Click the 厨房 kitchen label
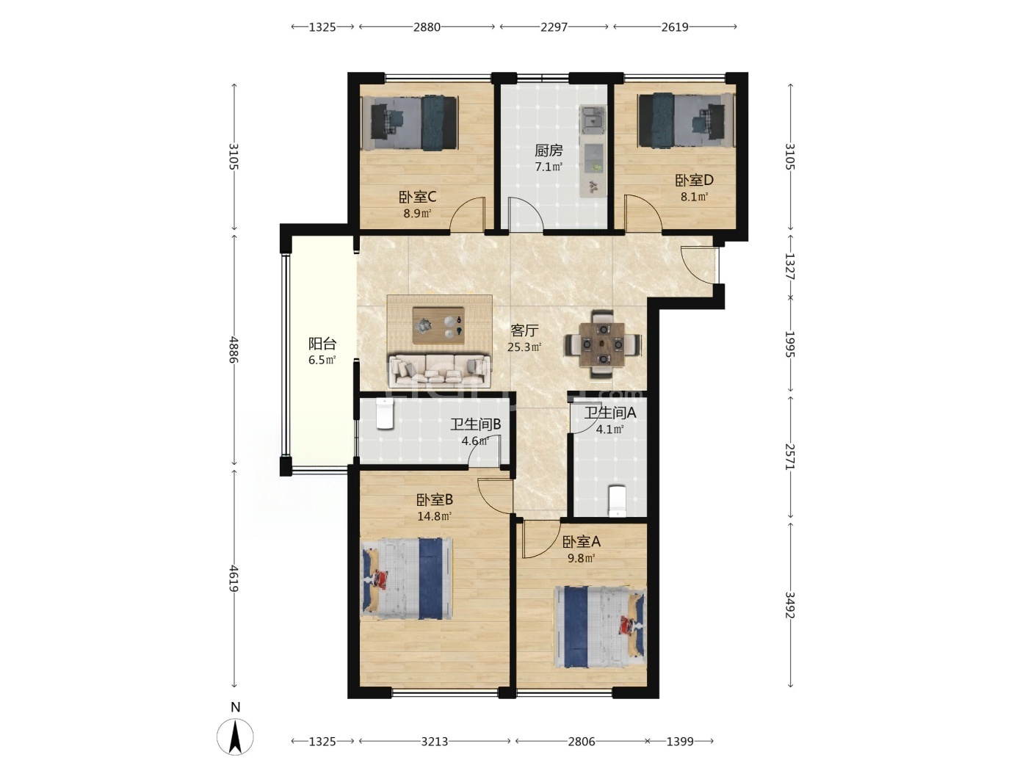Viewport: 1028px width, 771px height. (549, 151)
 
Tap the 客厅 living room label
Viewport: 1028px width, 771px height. (524, 330)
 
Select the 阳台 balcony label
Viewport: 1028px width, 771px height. (322, 344)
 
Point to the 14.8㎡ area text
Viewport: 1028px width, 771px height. (434, 516)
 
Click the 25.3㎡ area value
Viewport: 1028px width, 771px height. (524, 347)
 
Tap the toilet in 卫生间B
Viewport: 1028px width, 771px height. (385, 414)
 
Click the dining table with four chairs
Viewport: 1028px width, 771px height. (602, 344)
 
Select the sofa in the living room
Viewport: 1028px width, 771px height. (439, 372)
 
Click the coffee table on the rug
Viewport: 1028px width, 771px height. (438, 325)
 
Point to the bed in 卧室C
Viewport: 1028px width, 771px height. (413, 123)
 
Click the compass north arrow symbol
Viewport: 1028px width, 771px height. (235, 736)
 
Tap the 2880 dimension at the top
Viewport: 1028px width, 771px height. (427, 27)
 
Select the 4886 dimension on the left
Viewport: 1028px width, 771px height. (234, 350)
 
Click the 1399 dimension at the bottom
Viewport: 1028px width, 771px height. (680, 742)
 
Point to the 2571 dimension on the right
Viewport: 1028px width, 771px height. (790, 457)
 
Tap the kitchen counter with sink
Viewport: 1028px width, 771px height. (593, 151)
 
